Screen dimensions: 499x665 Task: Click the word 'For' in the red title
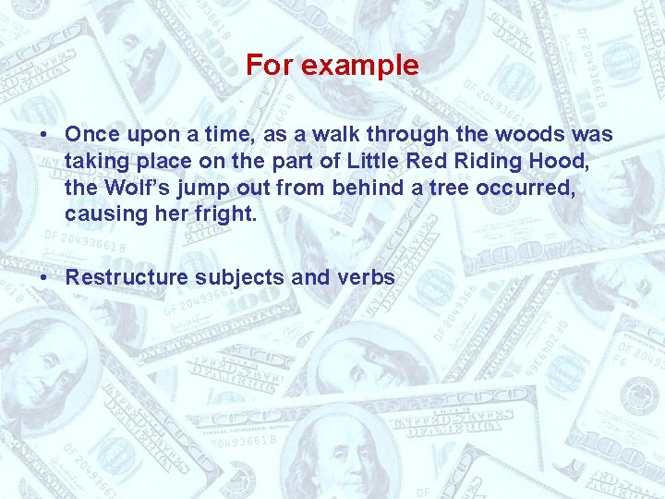point(269,66)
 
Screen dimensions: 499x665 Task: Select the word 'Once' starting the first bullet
point(92,135)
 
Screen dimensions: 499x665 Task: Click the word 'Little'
point(372,162)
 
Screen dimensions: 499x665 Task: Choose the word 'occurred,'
point(520,189)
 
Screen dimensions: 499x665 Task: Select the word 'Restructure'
point(128,277)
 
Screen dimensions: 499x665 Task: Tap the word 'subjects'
point(241,278)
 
